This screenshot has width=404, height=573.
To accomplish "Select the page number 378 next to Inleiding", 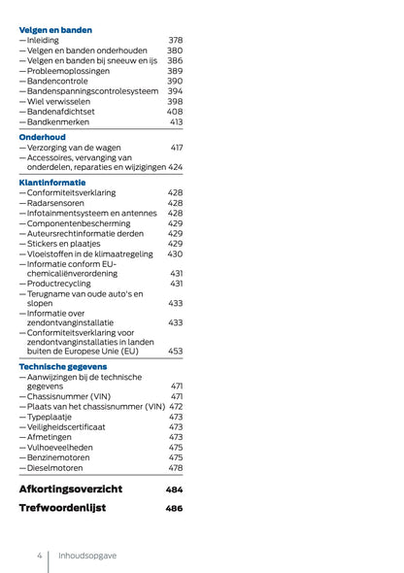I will coord(175,41).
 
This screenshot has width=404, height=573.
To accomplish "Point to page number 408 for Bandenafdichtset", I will coord(175,112).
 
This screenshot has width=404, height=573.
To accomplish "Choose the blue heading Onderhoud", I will coord(42,137).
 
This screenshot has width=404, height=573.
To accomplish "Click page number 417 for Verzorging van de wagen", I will coord(176,148).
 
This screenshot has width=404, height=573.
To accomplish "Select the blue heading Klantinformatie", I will coord(52,183).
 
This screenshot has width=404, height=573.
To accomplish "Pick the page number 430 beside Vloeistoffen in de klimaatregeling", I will coord(175,253).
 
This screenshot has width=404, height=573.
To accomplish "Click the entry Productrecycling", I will coord(63,284).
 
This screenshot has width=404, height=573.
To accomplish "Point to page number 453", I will coord(175,351).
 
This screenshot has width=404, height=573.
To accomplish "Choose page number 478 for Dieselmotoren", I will coord(175,467).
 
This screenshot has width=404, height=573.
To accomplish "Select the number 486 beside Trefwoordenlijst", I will coord(174,508).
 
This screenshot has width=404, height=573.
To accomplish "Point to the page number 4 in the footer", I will coord(40,556).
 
